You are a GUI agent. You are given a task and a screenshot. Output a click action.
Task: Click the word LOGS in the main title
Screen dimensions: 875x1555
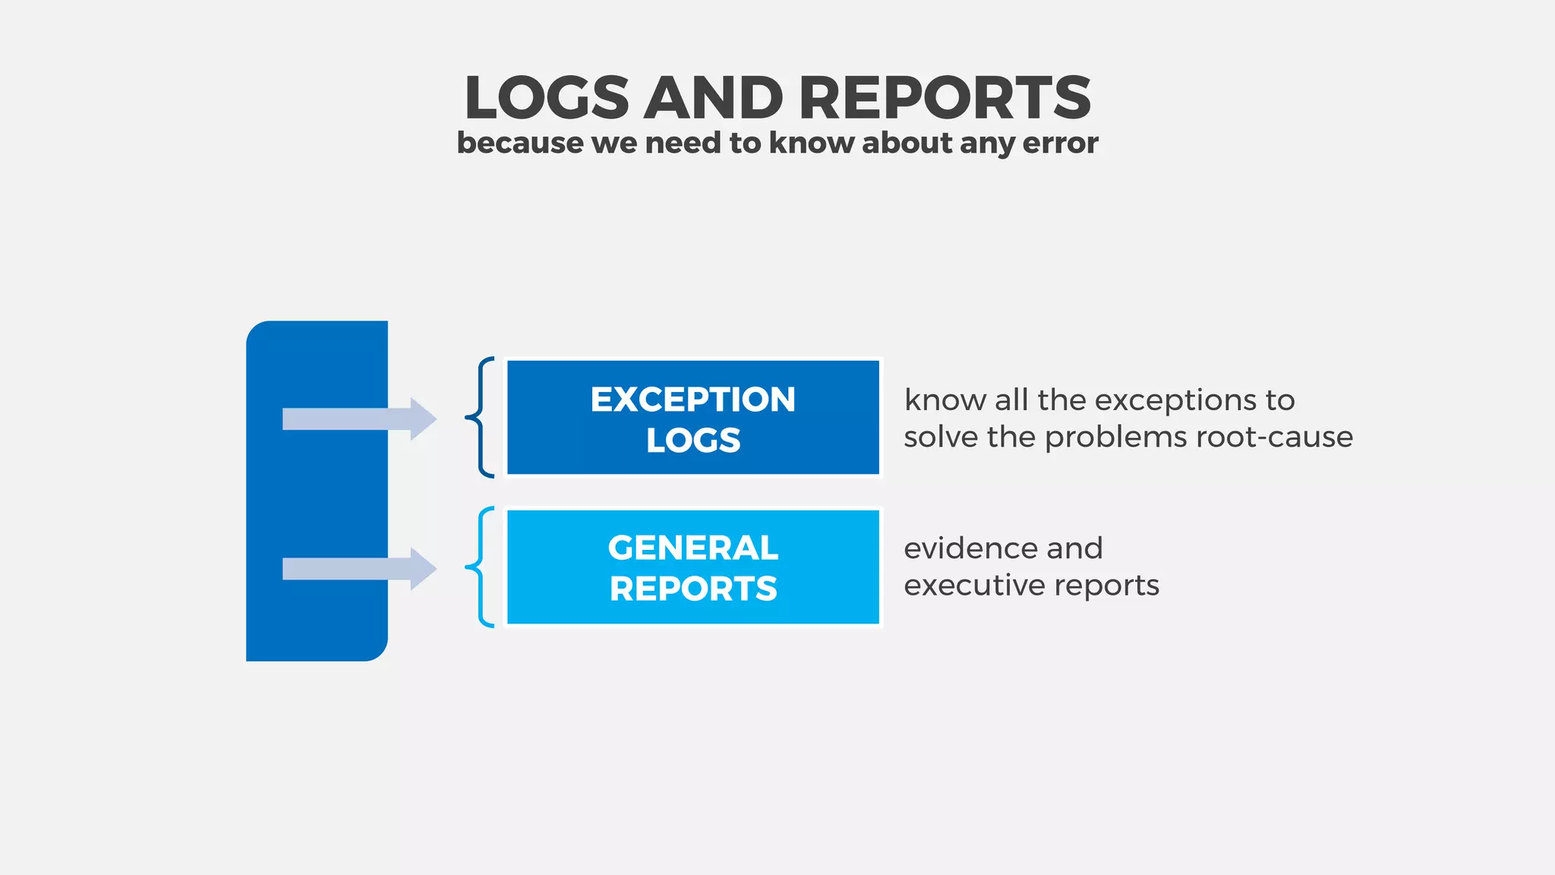[547, 98]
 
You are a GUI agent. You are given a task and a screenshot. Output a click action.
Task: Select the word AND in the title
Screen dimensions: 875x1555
[713, 98]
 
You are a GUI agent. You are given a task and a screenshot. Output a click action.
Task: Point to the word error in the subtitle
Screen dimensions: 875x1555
[1060, 143]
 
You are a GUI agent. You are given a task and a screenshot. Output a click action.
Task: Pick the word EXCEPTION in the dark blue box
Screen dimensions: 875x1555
[692, 400]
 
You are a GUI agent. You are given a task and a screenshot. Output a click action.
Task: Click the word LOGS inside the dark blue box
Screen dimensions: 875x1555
[692, 441]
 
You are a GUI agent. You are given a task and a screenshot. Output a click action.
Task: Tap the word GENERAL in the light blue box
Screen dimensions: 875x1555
[692, 548]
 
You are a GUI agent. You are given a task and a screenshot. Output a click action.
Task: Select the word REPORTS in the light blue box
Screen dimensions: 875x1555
[692, 589]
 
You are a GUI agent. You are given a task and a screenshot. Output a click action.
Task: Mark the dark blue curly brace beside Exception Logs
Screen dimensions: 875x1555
[481, 417]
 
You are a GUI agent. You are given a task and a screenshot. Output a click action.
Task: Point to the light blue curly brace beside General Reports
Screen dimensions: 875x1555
[481, 567]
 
